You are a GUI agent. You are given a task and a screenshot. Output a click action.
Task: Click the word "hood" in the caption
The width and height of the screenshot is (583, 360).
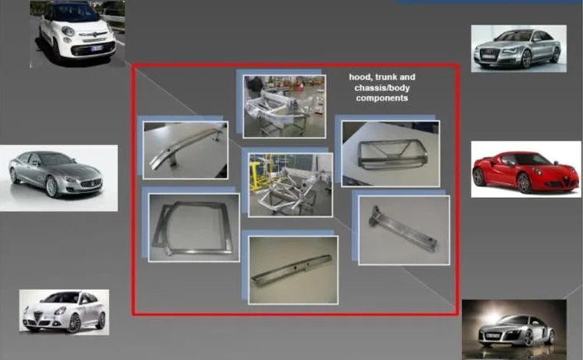(361, 77)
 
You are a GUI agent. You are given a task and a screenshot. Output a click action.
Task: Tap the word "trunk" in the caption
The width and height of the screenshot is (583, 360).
(387, 77)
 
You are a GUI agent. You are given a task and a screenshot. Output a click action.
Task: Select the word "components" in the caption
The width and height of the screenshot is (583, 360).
(382, 98)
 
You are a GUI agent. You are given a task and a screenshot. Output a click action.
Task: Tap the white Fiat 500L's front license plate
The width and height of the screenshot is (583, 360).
(97, 48)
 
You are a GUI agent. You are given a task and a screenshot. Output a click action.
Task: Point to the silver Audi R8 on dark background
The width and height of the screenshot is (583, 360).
(515, 331)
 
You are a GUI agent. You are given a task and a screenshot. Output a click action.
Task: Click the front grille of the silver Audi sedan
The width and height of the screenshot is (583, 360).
(489, 55)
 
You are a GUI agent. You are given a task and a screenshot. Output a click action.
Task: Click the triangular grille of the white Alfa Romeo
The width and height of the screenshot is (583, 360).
(38, 318)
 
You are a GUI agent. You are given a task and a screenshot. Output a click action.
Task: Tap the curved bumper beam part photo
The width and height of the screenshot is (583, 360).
(185, 150)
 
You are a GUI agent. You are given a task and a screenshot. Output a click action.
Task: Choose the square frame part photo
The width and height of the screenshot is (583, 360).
(194, 227)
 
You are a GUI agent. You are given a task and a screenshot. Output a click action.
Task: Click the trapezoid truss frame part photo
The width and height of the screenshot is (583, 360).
(390, 153)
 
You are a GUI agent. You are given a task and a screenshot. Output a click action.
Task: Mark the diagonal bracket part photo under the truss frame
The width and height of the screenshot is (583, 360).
(404, 230)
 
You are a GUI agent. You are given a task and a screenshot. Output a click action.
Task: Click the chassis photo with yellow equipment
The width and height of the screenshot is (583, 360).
(291, 185)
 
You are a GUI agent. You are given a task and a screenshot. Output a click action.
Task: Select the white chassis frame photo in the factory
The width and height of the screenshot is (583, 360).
(284, 106)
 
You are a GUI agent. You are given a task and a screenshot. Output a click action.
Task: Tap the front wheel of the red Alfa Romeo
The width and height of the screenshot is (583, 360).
(525, 183)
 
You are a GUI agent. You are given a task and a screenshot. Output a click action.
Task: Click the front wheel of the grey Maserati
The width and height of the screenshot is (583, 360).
(53, 186)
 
